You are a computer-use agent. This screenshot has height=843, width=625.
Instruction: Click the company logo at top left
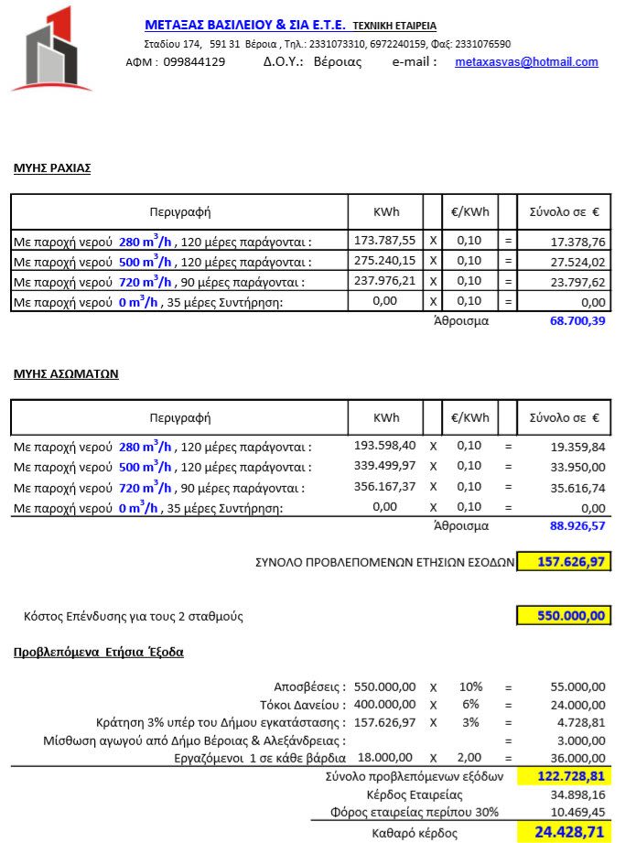pos(52,49)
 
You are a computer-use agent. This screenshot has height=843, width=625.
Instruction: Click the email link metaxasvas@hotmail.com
pos(526,62)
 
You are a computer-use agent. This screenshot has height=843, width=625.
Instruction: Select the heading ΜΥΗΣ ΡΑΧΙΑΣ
pos(52,168)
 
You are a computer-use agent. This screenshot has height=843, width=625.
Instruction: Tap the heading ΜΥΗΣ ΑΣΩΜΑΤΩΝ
pos(65,373)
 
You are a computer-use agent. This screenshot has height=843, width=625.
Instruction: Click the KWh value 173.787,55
pos(384,241)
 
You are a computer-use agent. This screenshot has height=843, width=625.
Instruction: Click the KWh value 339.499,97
pos(384,466)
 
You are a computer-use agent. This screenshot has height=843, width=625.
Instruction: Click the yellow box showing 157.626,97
pos(564,562)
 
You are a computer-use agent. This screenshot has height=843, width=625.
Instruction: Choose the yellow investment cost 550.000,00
pos(564,616)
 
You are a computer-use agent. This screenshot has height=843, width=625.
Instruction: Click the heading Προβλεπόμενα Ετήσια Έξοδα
pos(99,653)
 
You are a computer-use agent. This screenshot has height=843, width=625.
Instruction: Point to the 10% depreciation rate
pos(470,686)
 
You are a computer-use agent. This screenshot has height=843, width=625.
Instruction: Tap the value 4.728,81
pos(580,722)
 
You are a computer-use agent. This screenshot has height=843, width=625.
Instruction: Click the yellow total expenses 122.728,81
pos(564,776)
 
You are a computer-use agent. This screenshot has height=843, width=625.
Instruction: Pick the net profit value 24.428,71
pos(564,832)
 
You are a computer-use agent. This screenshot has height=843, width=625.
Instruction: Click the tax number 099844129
pos(194,62)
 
